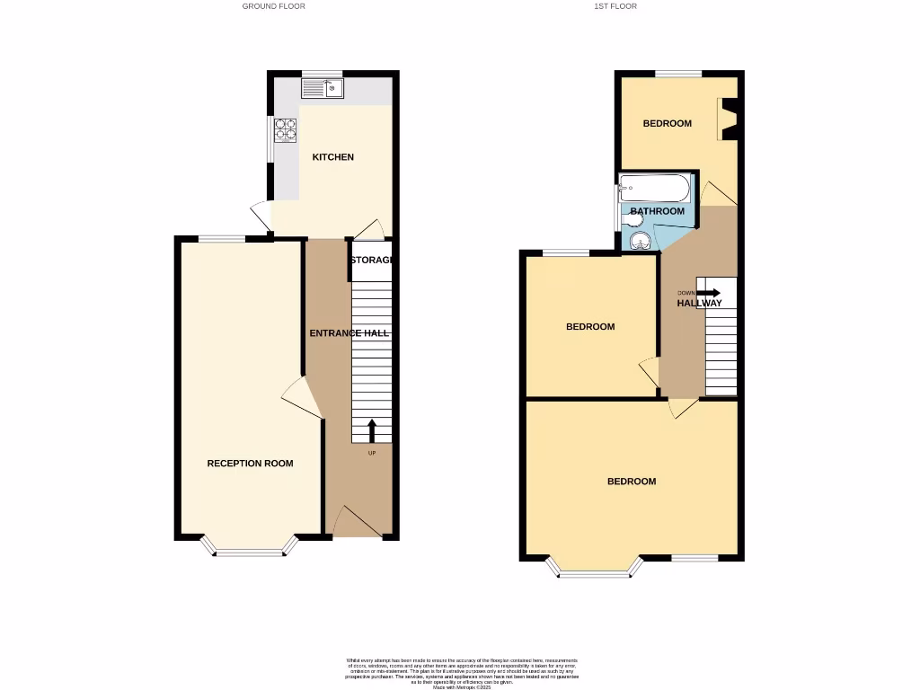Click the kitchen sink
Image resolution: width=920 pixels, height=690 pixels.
point(322,88)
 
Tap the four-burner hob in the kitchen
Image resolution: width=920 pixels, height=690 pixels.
point(286,130)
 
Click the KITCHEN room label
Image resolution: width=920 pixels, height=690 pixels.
point(332,157)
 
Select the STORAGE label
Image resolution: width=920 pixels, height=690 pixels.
point(372,261)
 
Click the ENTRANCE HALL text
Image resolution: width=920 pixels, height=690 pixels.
point(349,333)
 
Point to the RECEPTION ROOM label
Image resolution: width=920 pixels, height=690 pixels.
point(250,464)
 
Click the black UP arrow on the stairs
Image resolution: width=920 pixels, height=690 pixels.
point(372,430)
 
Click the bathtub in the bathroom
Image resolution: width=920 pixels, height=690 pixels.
point(654,190)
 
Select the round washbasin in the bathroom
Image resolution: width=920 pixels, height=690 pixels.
point(641,240)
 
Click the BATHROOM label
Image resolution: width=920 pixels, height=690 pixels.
point(657,211)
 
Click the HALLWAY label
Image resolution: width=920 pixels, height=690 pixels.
point(699,304)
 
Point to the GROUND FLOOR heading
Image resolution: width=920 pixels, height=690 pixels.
point(273,6)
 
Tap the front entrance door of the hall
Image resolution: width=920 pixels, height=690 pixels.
point(358,521)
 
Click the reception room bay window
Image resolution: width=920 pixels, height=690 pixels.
point(247,550)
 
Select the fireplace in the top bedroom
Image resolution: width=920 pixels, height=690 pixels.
point(729,119)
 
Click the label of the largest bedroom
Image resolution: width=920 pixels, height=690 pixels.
point(631,482)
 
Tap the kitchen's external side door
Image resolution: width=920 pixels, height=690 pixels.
point(260,216)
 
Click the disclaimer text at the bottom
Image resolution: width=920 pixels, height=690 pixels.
point(460,673)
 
